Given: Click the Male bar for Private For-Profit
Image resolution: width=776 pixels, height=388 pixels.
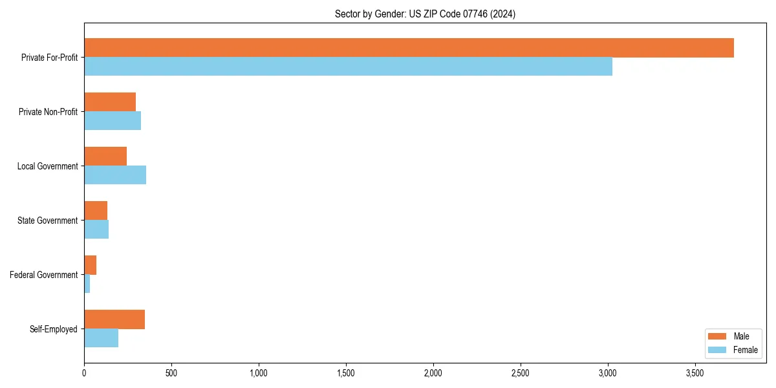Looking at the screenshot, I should [x=409, y=48].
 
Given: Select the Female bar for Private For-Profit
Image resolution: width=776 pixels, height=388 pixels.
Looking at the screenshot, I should [x=348, y=67].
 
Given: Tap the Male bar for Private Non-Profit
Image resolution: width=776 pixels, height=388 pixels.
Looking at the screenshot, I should [x=110, y=102].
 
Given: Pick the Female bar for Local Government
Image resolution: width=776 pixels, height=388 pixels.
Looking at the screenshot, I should [x=115, y=175].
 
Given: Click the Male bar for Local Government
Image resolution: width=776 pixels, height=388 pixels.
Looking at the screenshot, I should [x=105, y=156].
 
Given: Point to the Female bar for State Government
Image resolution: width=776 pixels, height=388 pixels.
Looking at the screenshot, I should [x=96, y=230].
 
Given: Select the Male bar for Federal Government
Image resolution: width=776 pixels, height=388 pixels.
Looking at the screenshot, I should [x=91, y=265].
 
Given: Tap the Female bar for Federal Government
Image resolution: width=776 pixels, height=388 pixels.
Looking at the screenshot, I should [x=87, y=284].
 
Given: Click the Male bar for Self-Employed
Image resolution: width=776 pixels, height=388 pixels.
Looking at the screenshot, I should [x=114, y=319].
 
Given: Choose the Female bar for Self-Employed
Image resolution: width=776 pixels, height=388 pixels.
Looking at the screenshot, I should [x=102, y=338].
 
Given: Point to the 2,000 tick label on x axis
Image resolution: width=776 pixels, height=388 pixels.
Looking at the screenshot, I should [x=433, y=374].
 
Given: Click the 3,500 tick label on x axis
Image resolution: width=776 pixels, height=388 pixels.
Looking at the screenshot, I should [x=695, y=374].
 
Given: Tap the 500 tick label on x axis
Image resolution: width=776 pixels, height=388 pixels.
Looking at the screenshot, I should [x=171, y=374].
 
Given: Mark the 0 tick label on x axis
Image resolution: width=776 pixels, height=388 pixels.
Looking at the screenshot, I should [x=84, y=374].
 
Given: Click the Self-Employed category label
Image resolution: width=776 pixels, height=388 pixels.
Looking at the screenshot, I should [x=54, y=329].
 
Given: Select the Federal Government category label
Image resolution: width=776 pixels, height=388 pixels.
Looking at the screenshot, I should [x=44, y=275].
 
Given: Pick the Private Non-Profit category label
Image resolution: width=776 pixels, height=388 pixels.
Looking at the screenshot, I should [x=48, y=112].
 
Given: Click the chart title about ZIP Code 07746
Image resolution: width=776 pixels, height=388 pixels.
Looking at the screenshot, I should [x=425, y=14].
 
